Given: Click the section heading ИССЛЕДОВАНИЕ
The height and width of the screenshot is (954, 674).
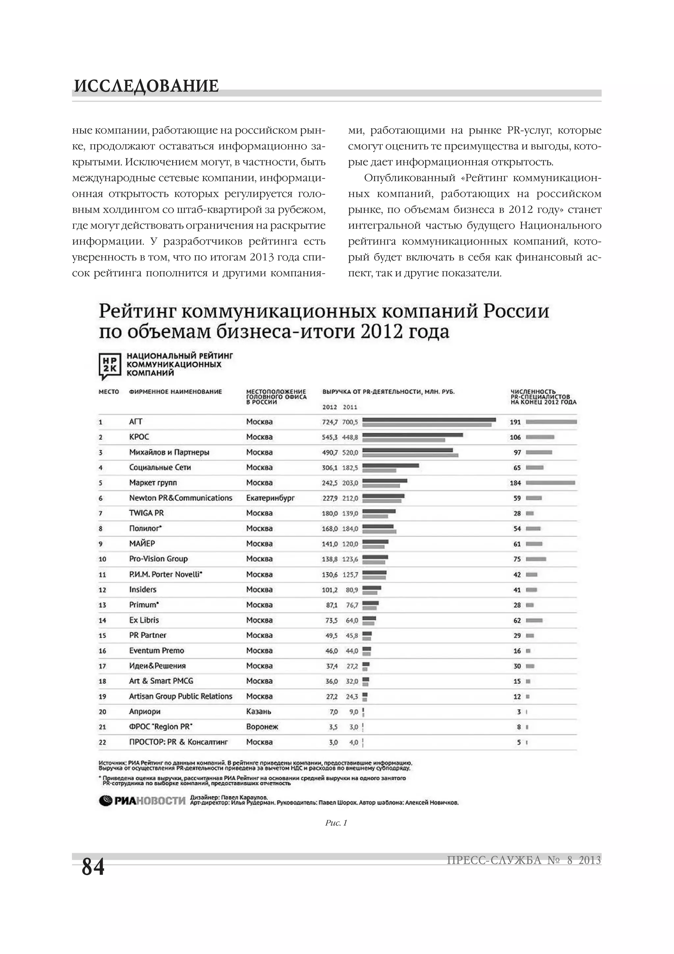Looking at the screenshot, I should point(146,86).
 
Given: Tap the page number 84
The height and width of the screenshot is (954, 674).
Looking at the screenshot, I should point(93,867).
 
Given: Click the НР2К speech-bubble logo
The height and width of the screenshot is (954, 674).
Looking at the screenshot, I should point(110,365).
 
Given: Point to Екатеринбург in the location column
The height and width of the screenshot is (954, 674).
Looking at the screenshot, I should point(270,498).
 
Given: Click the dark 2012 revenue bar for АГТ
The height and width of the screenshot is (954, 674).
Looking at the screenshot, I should point(428,420).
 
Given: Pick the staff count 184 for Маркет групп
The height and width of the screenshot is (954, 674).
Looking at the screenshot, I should point(515,483).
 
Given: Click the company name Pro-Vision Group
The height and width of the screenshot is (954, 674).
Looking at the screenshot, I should point(158,559).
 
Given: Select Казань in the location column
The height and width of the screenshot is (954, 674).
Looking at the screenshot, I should point(258,711).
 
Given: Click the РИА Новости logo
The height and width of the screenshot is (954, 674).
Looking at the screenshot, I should point(142,800).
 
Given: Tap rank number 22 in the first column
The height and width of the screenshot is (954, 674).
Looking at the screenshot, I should point(102,742).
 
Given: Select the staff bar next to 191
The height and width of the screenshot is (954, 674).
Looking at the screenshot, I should point(551,422).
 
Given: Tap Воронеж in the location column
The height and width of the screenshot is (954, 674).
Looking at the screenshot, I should point(262,727).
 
